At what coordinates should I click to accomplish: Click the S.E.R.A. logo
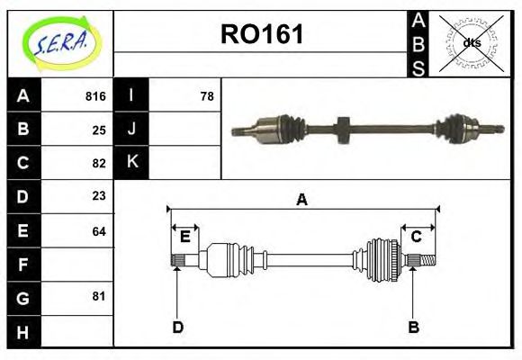pos(60,43)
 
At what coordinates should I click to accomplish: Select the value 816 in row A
pos(95,96)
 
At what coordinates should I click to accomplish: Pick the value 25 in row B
pos(99,130)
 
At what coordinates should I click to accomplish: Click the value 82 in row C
pos(99,163)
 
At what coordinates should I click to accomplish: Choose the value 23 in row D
pos(99,196)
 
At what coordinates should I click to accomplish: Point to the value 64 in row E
pos(99,230)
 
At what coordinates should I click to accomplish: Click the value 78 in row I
pos(206,96)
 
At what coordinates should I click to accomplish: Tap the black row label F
pos(23,264)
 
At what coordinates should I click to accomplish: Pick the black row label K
pos(131,163)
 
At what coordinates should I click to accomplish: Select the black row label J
pos(131,130)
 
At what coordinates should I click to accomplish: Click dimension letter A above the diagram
pos(301,200)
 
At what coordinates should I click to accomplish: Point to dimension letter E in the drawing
pos(184,237)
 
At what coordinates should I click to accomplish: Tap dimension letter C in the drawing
pos(417,237)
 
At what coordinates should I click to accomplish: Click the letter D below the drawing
pos(177,327)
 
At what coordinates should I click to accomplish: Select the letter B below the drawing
pos(413,327)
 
